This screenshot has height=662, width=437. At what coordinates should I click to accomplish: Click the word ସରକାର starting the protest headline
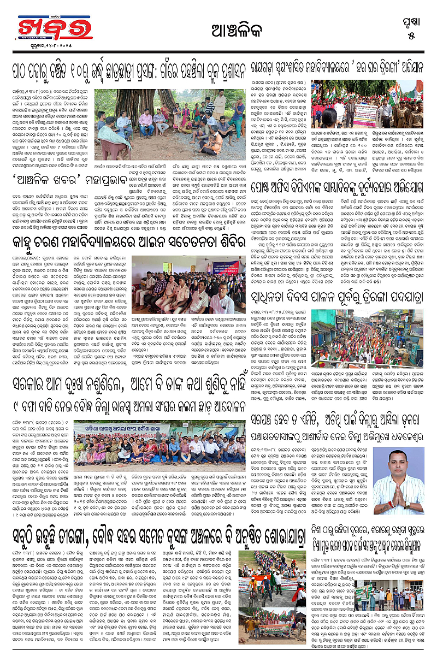(39, 392)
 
